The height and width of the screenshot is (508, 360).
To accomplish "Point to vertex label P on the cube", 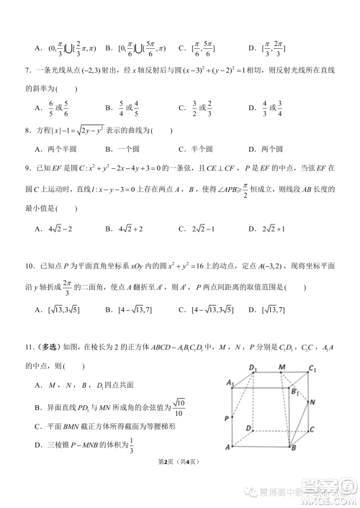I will point(227,418).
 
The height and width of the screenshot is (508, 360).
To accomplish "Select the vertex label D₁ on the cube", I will point(253,368).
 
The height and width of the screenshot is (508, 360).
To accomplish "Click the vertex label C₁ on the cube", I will point(312,369).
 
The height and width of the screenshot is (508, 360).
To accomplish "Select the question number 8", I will point(27,130).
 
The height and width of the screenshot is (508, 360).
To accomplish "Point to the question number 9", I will point(27,168).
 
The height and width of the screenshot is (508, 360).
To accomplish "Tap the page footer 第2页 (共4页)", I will point(179,481).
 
